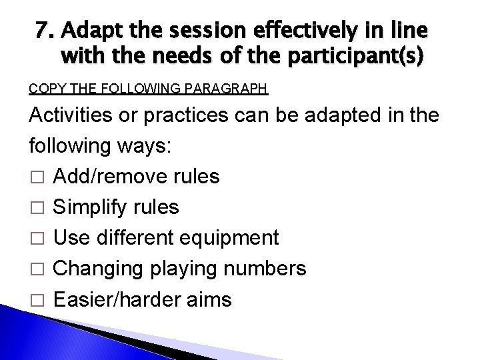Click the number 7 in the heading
[45, 31]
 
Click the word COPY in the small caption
[45, 88]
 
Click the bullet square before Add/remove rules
[37, 177]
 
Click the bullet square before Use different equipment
[37, 239]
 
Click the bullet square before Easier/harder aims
[37, 300]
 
